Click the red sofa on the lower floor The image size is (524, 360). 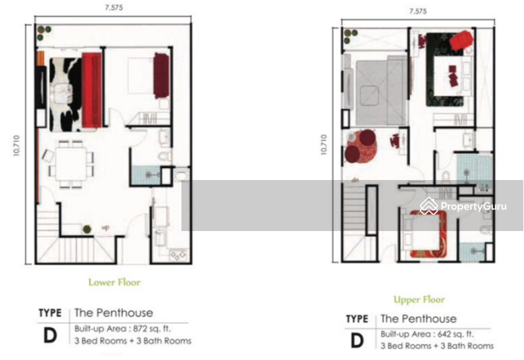pyautogui.click(x=92, y=90)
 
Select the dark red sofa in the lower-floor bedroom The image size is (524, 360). pyautogui.click(x=161, y=75)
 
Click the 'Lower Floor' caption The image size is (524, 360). pyautogui.click(x=115, y=283)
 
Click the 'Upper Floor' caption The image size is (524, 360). pyautogui.click(x=419, y=300)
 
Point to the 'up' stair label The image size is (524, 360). pyautogui.click(x=105, y=228)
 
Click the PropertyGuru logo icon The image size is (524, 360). pyautogui.click(x=429, y=206)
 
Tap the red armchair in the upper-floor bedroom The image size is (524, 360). pyautogui.click(x=462, y=39)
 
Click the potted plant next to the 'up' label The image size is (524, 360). pyautogui.click(x=86, y=228)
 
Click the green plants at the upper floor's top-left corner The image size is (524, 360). pyautogui.click(x=348, y=36)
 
